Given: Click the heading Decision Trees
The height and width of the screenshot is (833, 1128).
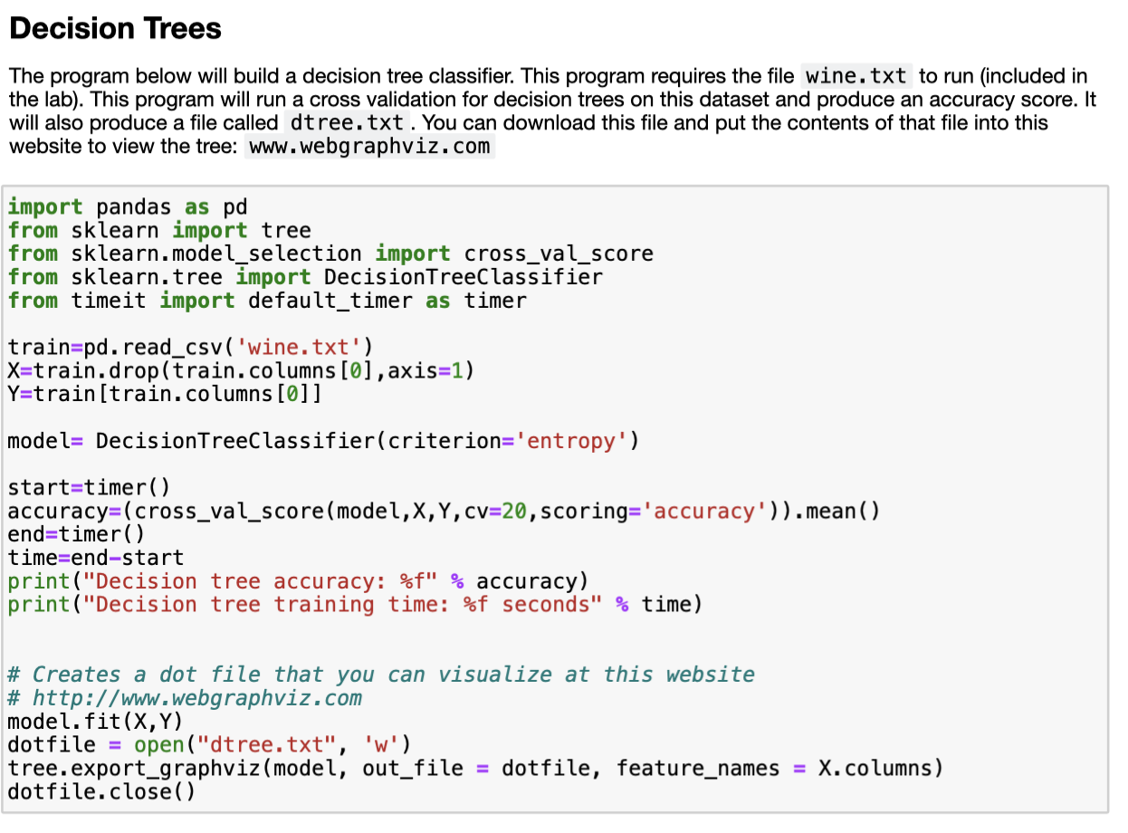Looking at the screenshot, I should [115, 29].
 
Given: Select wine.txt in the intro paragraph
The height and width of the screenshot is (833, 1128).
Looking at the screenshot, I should [856, 76].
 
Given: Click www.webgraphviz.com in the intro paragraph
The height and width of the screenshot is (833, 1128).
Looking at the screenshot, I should [369, 146].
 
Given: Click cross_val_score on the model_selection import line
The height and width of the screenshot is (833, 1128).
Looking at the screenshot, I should [559, 254].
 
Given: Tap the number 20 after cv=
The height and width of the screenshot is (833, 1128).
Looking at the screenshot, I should [514, 512].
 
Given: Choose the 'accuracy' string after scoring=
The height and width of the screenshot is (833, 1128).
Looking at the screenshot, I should [705, 512].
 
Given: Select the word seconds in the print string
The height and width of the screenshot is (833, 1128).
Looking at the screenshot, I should [551, 604].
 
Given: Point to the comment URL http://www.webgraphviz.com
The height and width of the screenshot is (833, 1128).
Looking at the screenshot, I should [197, 698].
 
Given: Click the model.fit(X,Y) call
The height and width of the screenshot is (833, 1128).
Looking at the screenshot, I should [95, 721].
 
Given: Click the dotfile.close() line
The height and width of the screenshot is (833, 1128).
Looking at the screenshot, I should [101, 791].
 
